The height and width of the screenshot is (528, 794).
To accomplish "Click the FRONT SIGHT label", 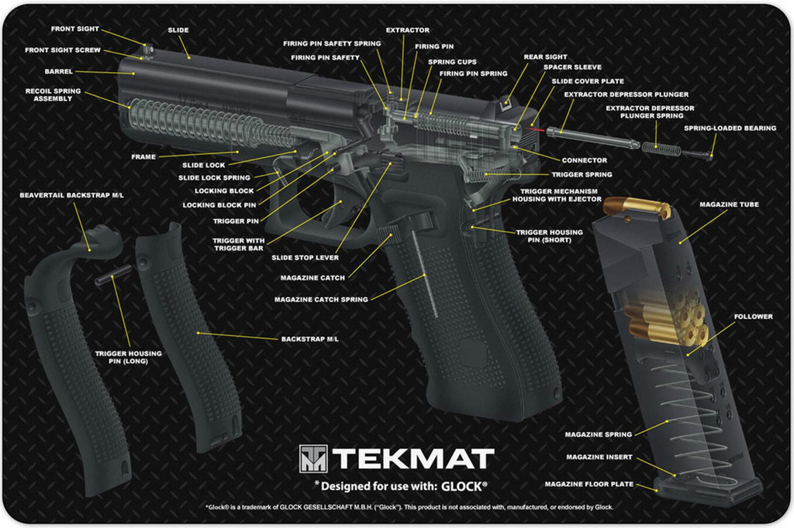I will click(x=75, y=29).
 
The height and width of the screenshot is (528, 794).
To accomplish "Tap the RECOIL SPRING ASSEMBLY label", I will click(x=53, y=95).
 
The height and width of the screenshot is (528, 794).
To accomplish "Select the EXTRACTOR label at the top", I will click(x=407, y=30).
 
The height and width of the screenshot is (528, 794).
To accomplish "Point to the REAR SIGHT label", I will click(x=545, y=57).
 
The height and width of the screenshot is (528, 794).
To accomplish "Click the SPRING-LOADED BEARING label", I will click(x=730, y=128).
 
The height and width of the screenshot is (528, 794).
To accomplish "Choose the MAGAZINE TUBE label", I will click(x=729, y=204).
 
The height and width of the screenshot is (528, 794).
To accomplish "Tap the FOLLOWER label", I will click(x=753, y=317).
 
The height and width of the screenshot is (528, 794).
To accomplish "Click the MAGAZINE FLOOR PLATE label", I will click(x=589, y=484).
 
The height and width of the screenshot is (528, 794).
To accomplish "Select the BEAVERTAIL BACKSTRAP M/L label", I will click(x=71, y=195).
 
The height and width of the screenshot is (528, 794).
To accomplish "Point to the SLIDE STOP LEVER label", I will click(x=305, y=258).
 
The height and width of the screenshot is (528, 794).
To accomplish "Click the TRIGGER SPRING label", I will click(x=582, y=175).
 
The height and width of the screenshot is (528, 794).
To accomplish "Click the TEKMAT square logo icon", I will click(x=313, y=458).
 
